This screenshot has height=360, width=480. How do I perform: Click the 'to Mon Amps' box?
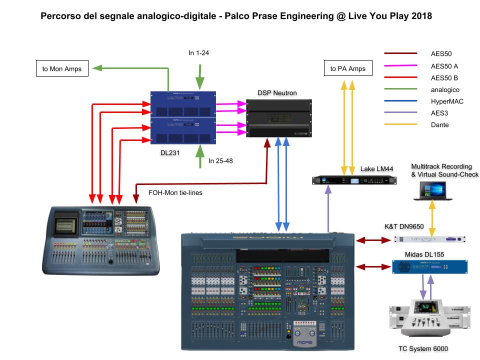pos(62,68)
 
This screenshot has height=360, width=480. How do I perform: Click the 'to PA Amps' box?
pos(348,68)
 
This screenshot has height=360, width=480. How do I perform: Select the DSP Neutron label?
pos(277,93)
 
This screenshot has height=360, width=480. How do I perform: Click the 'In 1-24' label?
pos(198,53)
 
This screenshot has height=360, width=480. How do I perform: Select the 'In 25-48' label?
pos(220,161)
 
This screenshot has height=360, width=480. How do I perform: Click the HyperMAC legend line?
pos(400,101)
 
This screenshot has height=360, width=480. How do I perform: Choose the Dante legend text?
pos(439,125)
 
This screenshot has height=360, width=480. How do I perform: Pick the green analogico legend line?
pos(400,89)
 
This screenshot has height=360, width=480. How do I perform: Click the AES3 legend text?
pos(438,113)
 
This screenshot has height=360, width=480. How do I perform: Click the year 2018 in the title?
pos(419,16)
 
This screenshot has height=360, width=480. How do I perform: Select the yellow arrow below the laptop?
pos(432,215)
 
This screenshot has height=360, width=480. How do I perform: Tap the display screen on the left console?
pos(66,220)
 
